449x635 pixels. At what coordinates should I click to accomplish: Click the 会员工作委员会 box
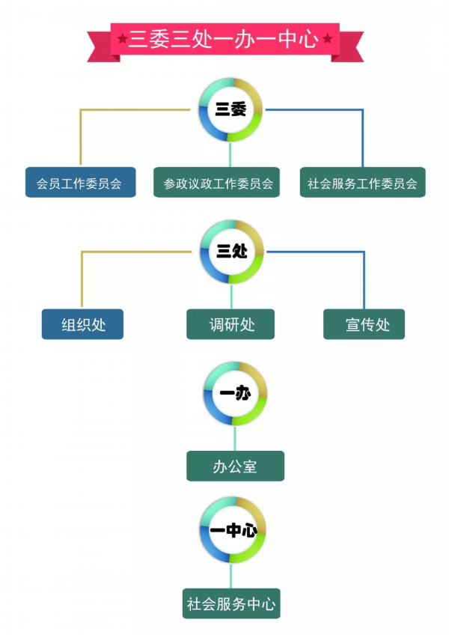tap(81, 182)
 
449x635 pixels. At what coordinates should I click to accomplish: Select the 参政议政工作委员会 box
tap(216, 182)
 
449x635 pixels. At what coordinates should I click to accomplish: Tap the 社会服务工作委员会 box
tap(362, 182)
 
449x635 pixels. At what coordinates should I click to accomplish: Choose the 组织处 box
tap(82, 324)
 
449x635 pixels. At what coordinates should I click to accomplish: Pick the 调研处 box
tap(230, 324)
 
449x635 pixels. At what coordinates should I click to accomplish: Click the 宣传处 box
tap(364, 324)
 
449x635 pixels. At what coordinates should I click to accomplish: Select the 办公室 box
tap(235, 466)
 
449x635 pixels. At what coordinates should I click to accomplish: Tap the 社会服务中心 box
tap(231, 604)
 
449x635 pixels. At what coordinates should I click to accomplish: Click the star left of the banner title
tap(122, 39)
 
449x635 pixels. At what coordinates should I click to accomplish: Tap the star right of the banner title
tap(328, 39)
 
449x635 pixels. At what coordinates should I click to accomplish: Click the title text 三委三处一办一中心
tap(224, 39)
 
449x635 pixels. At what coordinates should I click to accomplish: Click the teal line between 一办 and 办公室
tap(235, 438)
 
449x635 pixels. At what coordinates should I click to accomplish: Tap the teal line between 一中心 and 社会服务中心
tap(230, 575)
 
